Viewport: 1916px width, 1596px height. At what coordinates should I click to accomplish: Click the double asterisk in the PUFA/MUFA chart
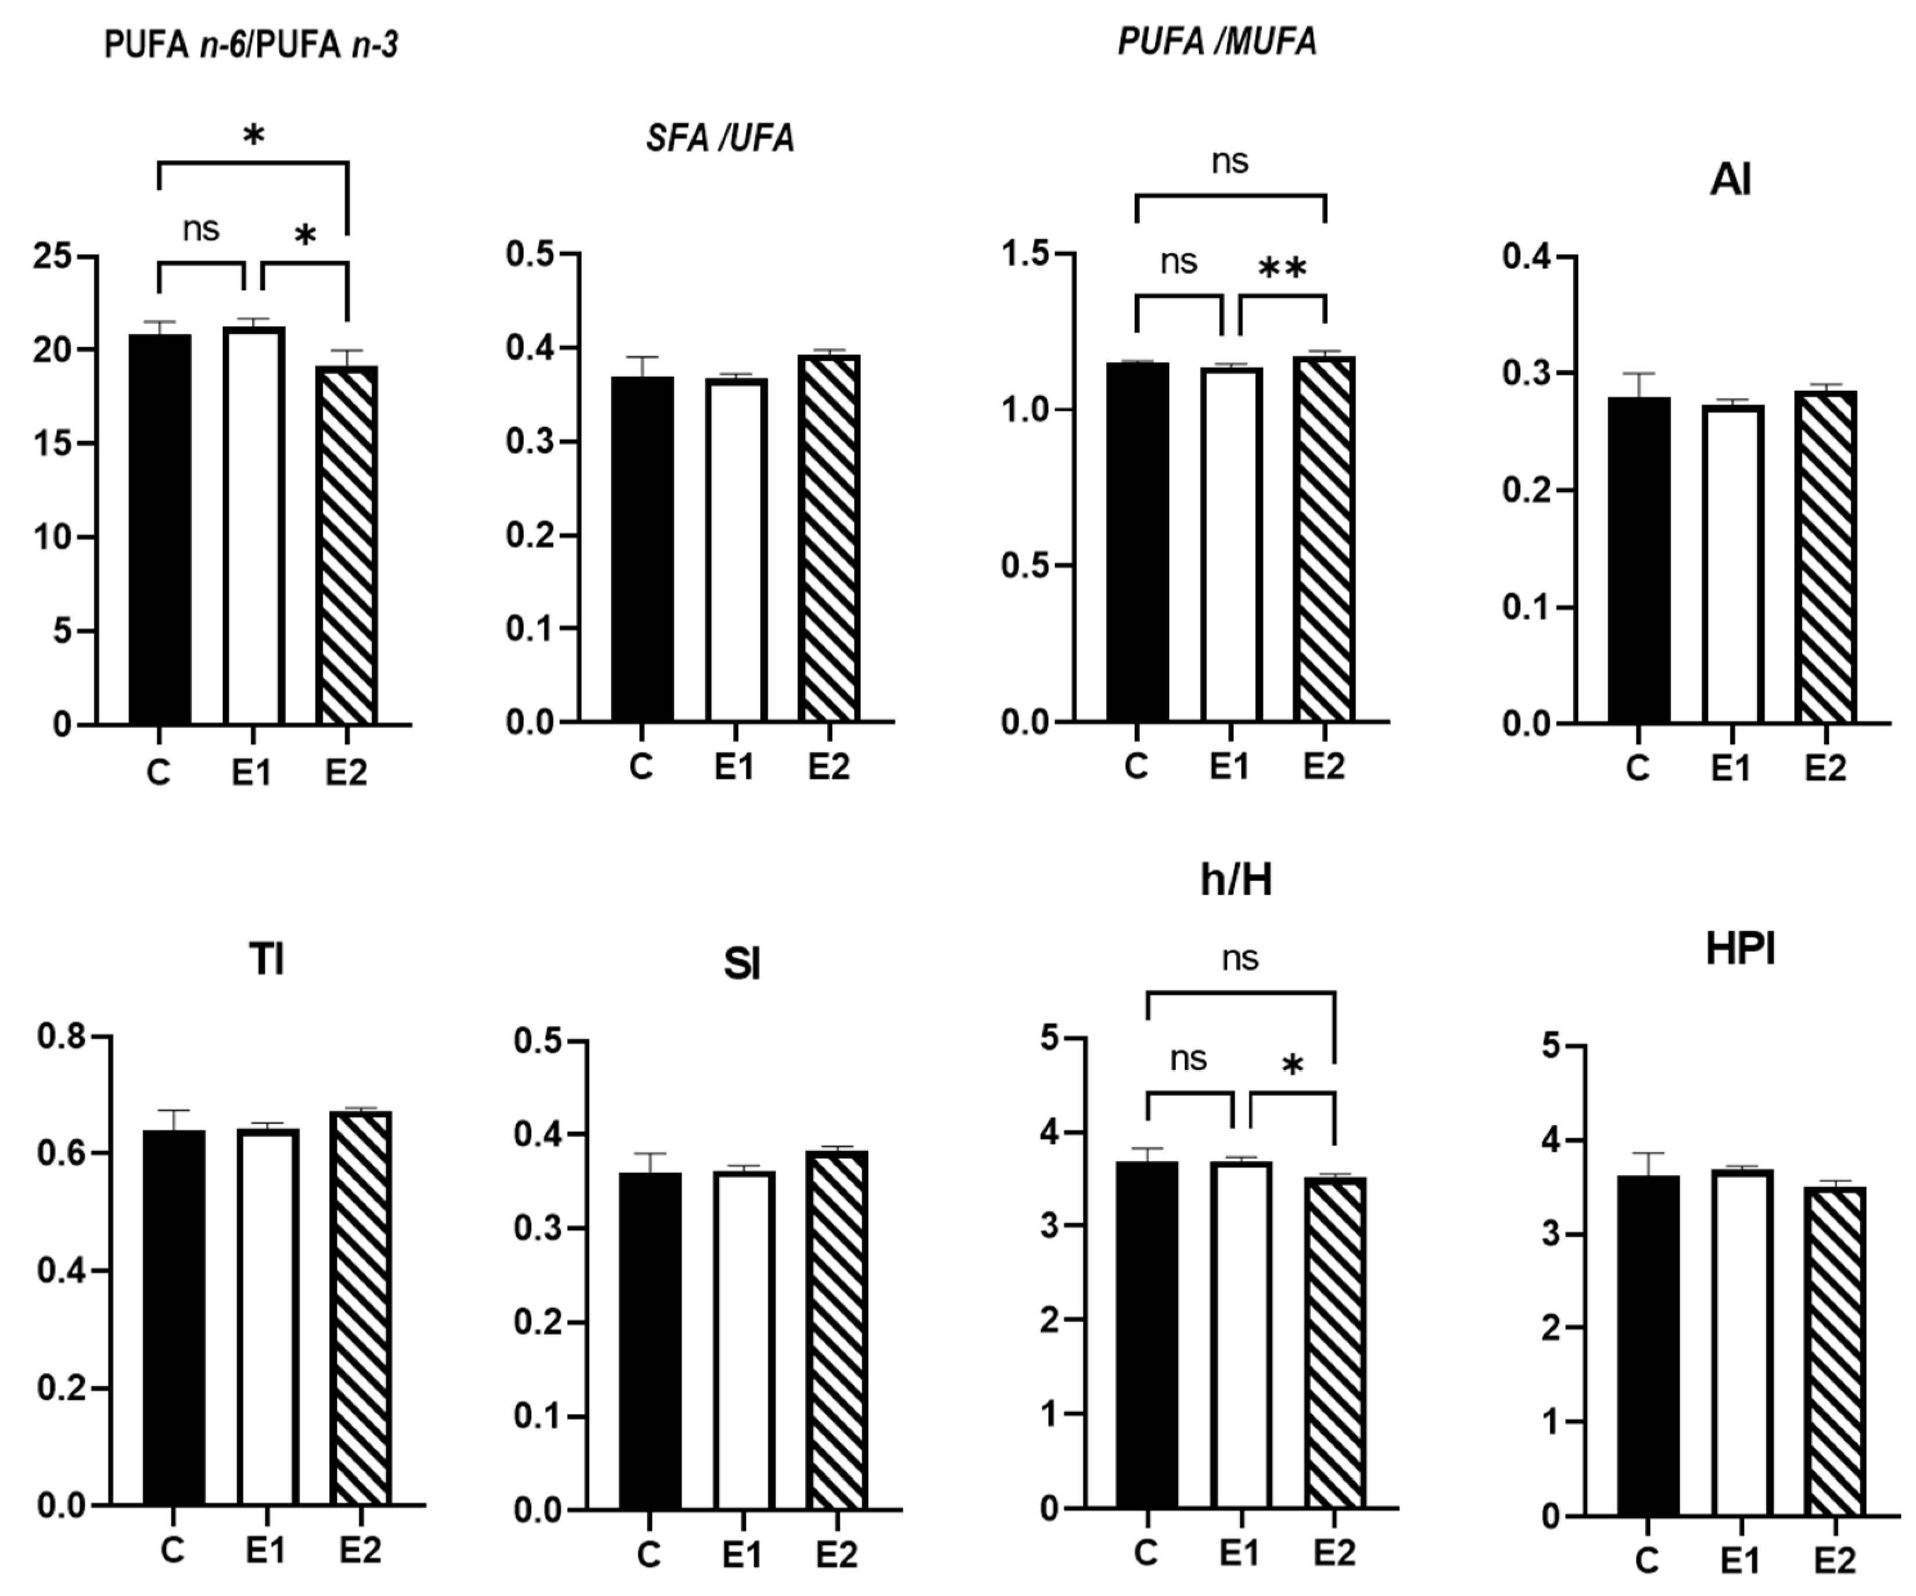(1282, 269)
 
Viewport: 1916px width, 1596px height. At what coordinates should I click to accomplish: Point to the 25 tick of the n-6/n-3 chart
(52, 256)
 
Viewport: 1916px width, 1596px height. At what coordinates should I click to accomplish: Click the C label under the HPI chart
(1646, 1561)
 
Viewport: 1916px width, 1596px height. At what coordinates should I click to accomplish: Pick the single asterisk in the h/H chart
(1292, 1065)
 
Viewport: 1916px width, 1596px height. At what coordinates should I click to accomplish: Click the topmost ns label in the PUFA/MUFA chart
(1229, 162)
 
